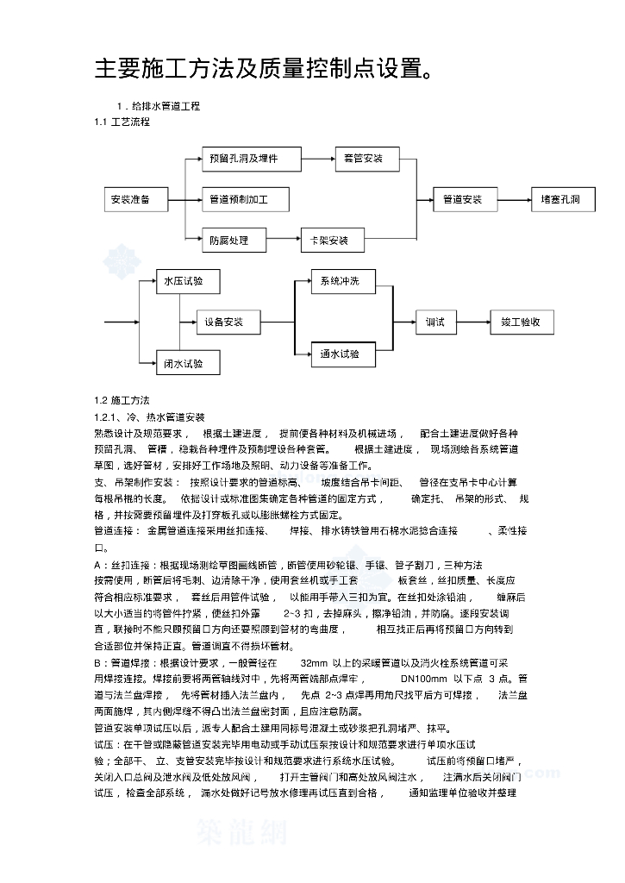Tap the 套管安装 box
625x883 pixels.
coord(363,159)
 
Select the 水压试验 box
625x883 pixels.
coord(185,281)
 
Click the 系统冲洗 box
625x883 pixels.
coord(341,282)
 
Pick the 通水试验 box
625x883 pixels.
coord(341,354)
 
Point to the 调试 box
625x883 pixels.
coord(435,323)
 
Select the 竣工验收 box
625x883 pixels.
coord(522,323)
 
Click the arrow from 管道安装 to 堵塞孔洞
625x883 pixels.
coord(514,200)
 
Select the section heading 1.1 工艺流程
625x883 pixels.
coord(122,122)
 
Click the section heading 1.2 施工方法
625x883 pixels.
coord(122,401)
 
